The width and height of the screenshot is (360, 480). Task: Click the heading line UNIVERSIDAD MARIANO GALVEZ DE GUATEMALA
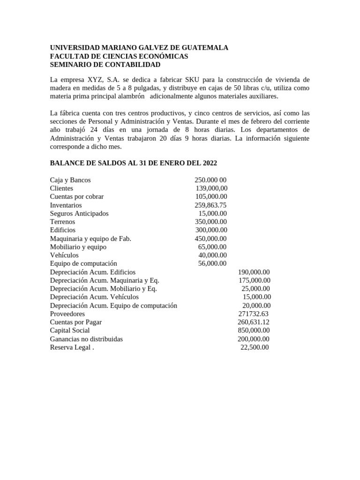click(139, 48)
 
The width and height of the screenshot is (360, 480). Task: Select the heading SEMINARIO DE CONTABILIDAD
click(105, 65)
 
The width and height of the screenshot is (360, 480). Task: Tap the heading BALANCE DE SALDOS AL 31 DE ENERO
click(134, 163)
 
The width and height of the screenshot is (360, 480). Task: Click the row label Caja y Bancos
click(70, 180)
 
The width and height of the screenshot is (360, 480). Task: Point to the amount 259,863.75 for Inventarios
click(210, 205)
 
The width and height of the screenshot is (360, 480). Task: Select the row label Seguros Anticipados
click(79, 214)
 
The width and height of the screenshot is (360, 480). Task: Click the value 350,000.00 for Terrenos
click(211, 222)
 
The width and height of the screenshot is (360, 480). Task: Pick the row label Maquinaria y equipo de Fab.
click(90, 239)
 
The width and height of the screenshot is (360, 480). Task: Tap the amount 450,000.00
click(211, 239)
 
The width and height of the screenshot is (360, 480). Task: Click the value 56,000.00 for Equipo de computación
click(212, 264)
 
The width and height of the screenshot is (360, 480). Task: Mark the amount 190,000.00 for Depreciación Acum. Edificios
click(254, 272)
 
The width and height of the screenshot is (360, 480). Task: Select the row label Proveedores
click(67, 314)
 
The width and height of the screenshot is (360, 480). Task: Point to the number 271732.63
click(253, 314)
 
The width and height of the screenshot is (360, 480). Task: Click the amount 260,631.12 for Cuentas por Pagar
click(253, 322)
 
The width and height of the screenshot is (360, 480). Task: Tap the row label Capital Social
click(70, 330)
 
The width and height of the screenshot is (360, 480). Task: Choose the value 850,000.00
click(254, 330)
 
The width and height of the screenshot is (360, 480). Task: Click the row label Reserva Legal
click(71, 347)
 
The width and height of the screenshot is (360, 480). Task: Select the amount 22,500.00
click(255, 347)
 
